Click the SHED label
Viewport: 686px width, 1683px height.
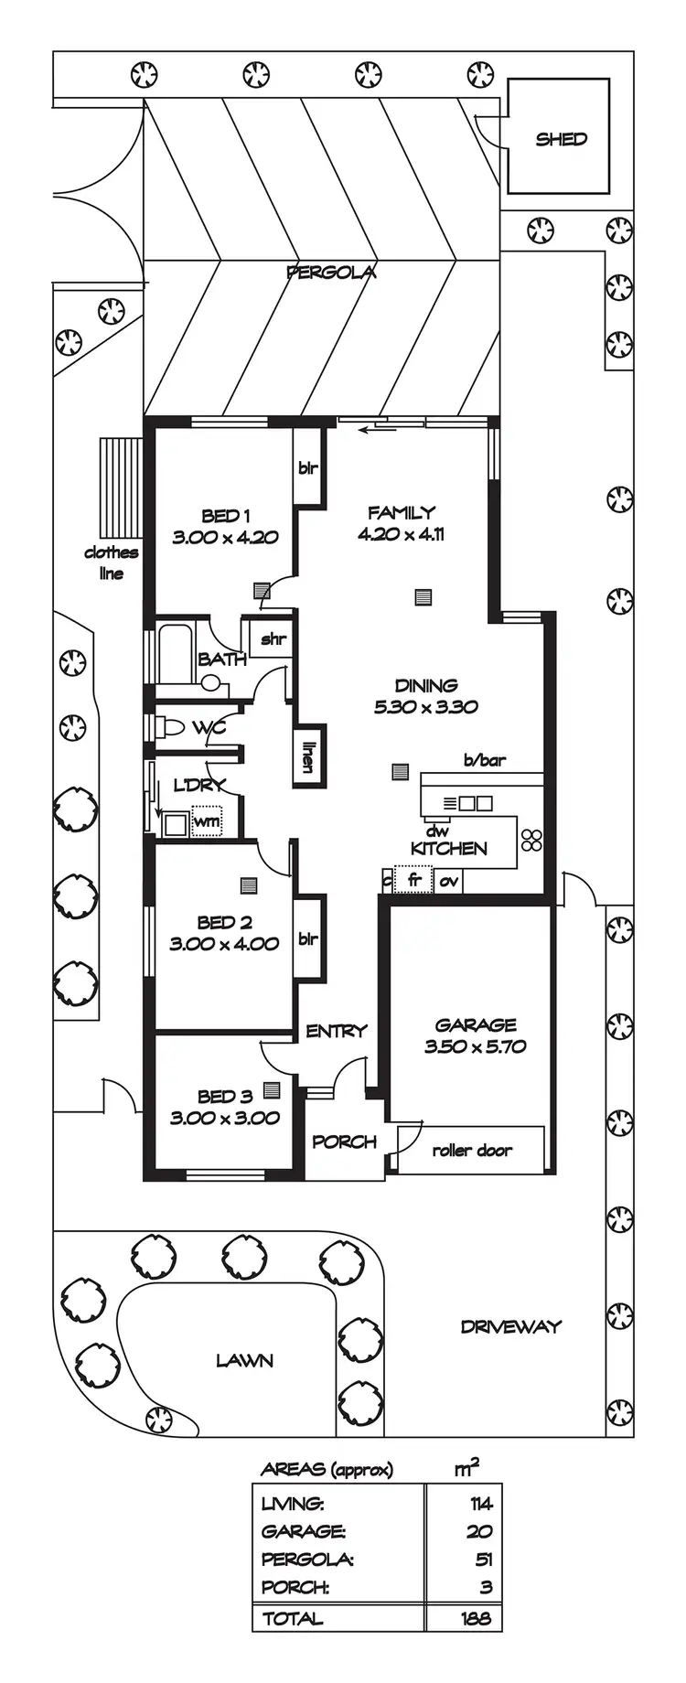click(561, 139)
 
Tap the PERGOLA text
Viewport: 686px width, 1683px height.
click(331, 272)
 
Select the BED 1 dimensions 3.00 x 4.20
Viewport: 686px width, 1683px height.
click(225, 537)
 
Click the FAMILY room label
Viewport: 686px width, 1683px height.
click(401, 512)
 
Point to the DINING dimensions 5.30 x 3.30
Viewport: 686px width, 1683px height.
click(425, 706)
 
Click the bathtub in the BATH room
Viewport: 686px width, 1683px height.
click(175, 652)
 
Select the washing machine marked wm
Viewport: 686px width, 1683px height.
click(207, 821)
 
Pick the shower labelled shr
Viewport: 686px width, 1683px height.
click(273, 638)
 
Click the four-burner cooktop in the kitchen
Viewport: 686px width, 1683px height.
click(531, 839)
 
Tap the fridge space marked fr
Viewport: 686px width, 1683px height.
click(414, 880)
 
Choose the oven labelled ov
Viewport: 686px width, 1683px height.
click(448, 881)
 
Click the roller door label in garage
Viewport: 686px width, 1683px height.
click(472, 1150)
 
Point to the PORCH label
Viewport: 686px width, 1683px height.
click(344, 1142)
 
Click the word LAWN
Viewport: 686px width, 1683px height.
click(244, 1360)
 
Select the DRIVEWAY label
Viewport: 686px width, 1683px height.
click(510, 1326)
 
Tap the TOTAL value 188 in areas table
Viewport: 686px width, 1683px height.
click(475, 1618)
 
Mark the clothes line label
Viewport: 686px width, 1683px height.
click(111, 563)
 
